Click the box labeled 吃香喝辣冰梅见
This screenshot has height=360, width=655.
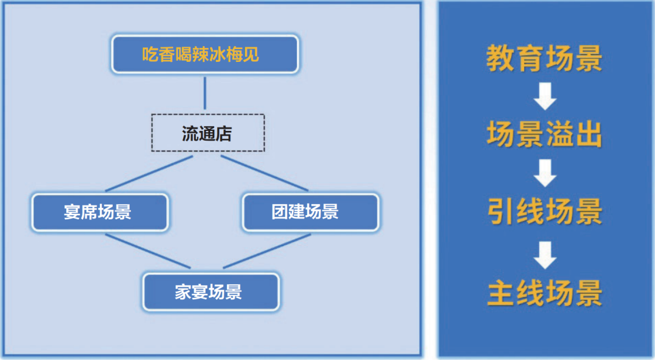[204, 55]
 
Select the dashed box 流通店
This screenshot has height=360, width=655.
[207, 133]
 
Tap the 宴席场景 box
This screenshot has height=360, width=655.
[99, 212]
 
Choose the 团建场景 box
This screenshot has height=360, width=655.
[310, 212]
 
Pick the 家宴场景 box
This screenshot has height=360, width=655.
[210, 292]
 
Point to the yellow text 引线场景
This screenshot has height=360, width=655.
[545, 212]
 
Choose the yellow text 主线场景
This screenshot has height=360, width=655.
[545, 292]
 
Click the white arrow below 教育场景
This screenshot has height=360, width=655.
[545, 97]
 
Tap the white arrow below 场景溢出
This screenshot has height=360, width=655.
[545, 173]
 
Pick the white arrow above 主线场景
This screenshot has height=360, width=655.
[545, 254]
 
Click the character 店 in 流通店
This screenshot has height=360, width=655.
[224, 133]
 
